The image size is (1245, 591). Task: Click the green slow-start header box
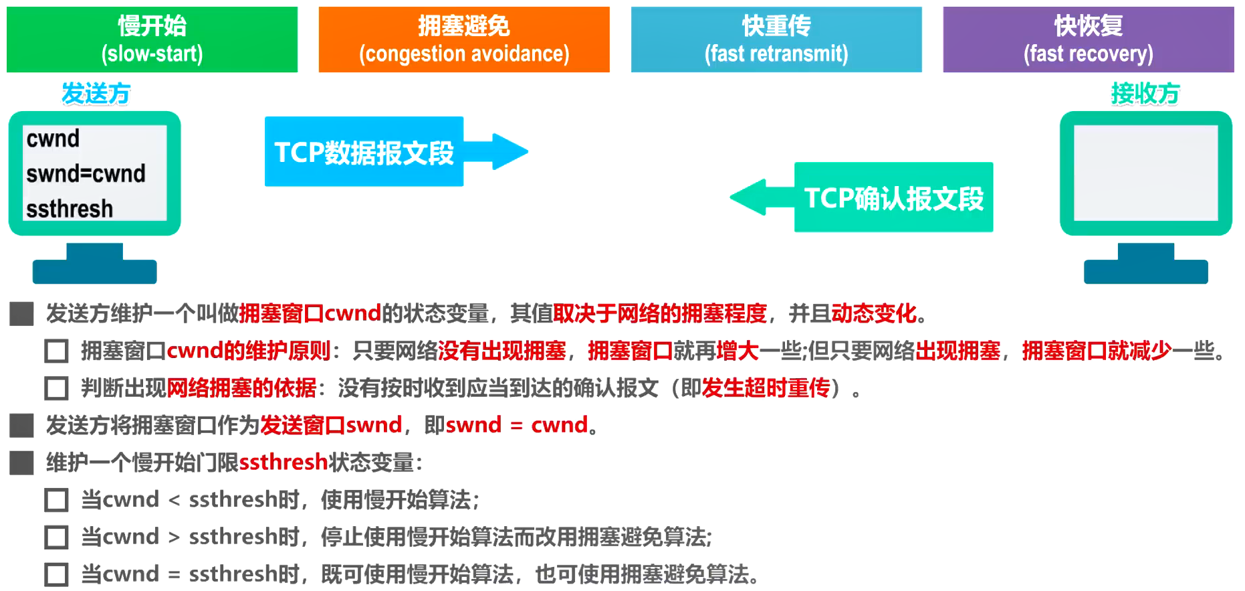152,39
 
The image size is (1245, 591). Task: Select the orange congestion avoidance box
464,39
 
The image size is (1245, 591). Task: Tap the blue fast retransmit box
776,39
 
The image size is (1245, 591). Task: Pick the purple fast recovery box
1088,39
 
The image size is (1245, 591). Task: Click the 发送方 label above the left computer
96,94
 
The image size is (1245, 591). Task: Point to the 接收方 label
1145,94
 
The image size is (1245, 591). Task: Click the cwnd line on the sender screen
53,139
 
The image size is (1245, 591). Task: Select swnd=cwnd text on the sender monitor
86,174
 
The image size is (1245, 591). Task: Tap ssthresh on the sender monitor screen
70,209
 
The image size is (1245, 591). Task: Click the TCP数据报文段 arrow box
364,152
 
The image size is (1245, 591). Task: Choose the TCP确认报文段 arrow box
893,197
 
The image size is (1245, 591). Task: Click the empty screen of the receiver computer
1145,173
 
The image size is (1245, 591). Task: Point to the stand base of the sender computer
94,271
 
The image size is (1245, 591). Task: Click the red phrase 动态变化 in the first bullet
873,313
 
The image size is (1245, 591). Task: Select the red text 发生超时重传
765,388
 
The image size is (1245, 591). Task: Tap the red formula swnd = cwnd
516,425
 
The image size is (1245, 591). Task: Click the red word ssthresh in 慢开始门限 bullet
284,462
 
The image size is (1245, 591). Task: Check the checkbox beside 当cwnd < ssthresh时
56,500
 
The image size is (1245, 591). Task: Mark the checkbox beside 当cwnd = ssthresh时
56,575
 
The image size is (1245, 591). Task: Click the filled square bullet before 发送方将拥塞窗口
21,425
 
